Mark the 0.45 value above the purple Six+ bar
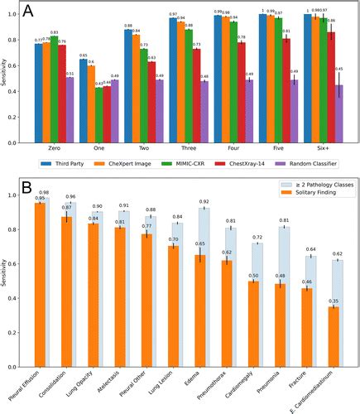338,70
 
